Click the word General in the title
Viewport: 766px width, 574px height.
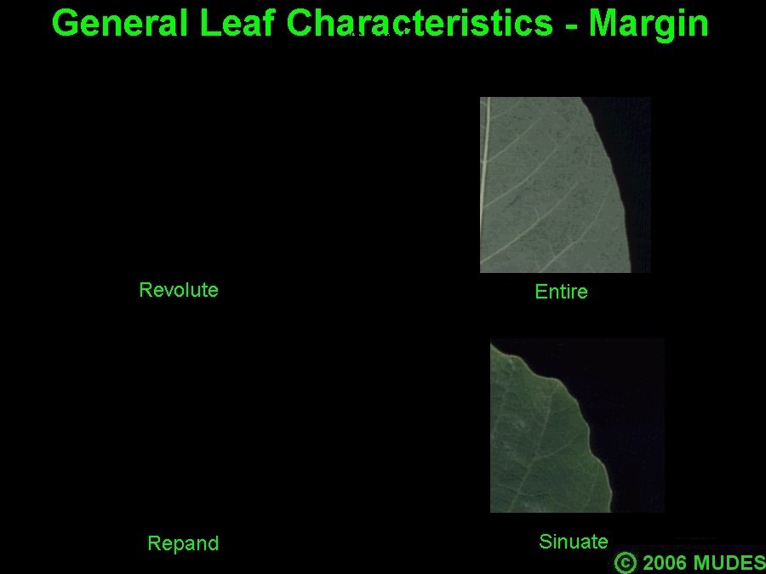click(x=120, y=23)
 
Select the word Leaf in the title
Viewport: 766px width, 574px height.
click(x=237, y=22)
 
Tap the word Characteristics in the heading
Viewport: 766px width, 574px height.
click(x=419, y=23)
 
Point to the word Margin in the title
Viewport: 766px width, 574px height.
click(x=649, y=25)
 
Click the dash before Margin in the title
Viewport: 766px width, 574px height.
click(x=570, y=26)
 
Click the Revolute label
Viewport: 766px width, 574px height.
click(x=179, y=290)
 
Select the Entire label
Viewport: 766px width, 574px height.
click(x=562, y=292)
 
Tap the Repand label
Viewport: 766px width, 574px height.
click(x=183, y=543)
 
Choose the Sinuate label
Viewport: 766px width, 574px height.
click(x=574, y=542)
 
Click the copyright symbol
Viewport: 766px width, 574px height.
click(x=626, y=562)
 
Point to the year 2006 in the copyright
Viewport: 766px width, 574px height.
click(x=664, y=563)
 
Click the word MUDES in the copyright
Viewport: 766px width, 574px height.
click(x=729, y=563)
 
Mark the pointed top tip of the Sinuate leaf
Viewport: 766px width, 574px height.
click(x=491, y=344)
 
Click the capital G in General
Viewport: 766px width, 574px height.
click(x=65, y=23)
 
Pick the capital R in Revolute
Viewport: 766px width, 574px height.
click(x=145, y=290)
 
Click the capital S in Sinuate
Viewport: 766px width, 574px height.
click(x=545, y=542)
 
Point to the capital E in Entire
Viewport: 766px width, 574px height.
click(x=540, y=292)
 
